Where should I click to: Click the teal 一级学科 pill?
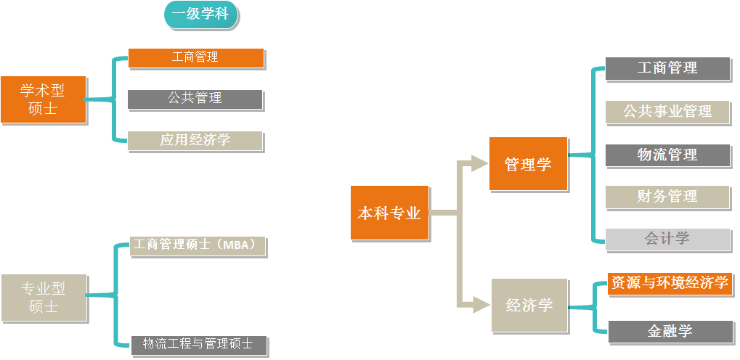click(201, 15)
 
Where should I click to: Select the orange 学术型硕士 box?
click(43, 99)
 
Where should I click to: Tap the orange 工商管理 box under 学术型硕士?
click(195, 57)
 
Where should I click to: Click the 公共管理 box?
click(195, 99)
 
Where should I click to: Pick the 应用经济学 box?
click(195, 141)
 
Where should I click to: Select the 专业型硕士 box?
click(44, 298)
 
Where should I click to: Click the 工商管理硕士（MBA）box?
click(198, 245)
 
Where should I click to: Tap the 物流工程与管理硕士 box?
click(198, 344)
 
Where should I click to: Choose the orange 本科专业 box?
click(389, 213)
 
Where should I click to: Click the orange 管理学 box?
click(528, 164)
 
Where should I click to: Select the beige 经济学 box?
click(529, 306)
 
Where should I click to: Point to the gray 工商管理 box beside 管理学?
click(667, 68)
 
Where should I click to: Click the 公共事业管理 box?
click(667, 112)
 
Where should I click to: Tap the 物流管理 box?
click(667, 155)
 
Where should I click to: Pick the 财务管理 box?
click(667, 197)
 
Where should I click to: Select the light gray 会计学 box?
click(667, 239)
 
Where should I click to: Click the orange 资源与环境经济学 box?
click(670, 283)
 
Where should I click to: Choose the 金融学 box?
click(670, 331)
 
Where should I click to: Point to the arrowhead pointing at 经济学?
click(479, 304)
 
